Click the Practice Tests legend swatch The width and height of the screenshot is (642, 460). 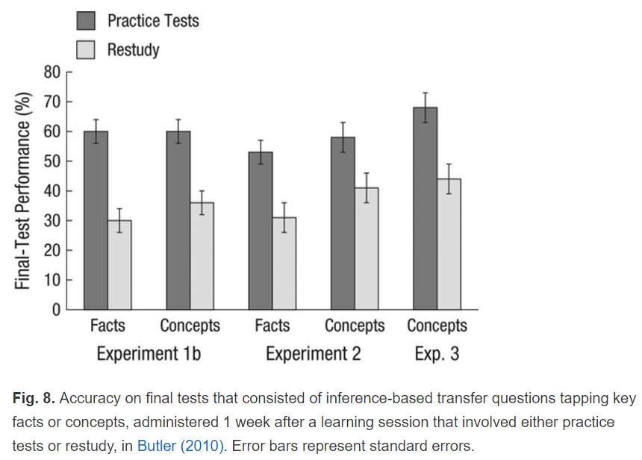(x=86, y=20)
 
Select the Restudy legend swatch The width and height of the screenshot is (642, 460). (x=86, y=50)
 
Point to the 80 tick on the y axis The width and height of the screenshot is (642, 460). (x=52, y=72)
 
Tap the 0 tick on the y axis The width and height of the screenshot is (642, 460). (x=56, y=310)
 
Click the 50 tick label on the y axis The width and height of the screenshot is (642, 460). (x=52, y=161)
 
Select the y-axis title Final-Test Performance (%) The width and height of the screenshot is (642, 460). (x=25, y=190)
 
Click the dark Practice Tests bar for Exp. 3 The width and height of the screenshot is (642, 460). (x=426, y=208)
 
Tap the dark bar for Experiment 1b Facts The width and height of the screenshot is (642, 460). (x=96, y=220)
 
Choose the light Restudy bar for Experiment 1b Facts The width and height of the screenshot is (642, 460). (x=119, y=265)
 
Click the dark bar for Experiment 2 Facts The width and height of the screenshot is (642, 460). (x=261, y=231)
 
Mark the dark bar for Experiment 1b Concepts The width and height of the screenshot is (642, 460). (x=178, y=220)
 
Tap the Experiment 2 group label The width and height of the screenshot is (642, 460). (x=313, y=353)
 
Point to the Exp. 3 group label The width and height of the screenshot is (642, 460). (x=437, y=353)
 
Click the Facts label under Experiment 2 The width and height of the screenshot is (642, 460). (x=272, y=326)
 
